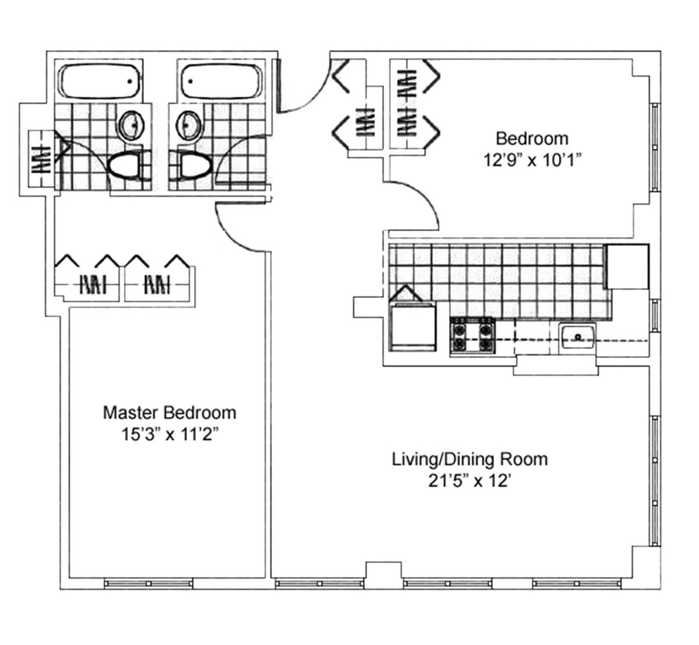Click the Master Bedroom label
tap(170, 413)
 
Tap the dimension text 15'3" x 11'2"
tap(170, 434)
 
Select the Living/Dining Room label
tap(470, 460)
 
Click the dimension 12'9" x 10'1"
tap(532, 160)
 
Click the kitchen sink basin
tap(578, 337)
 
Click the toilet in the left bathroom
tap(126, 166)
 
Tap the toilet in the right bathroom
tap(195, 166)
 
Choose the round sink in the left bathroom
tap(132, 125)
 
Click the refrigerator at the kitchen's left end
tap(412, 327)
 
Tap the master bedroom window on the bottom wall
tap(149, 583)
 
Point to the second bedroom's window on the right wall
tap(655, 147)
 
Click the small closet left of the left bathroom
tap(41, 159)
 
